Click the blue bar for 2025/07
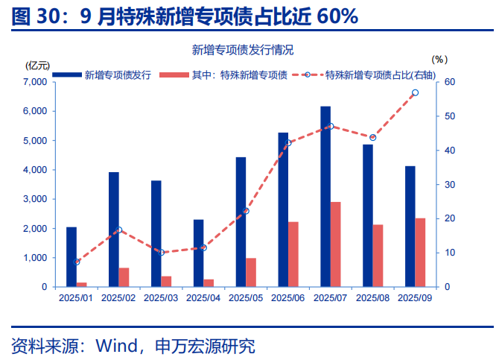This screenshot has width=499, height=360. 325,197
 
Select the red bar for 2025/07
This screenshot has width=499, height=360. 336,244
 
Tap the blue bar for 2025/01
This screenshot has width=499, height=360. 71,256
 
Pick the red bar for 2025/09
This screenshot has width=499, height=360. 420,253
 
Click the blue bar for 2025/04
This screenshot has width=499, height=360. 198,253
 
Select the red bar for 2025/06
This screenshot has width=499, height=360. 293,254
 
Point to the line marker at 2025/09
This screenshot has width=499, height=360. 415,92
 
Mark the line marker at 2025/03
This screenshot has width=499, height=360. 162,253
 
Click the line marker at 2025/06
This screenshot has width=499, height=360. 288,143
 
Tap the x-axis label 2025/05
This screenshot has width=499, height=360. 246,297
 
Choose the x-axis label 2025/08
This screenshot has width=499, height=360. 373,297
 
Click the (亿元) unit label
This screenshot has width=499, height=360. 36,63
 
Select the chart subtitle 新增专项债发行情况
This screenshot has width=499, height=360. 243,50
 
